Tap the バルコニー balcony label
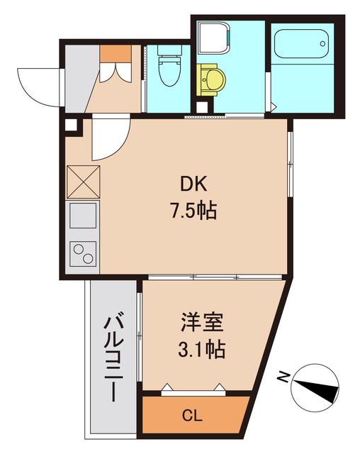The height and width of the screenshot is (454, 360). (111, 358)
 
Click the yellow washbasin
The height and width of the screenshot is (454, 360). (210, 80)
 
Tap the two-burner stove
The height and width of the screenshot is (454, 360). (83, 252)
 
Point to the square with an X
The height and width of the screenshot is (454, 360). (83, 179)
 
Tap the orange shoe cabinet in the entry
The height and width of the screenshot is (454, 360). (116, 53)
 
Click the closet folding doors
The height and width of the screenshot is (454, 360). (193, 388)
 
